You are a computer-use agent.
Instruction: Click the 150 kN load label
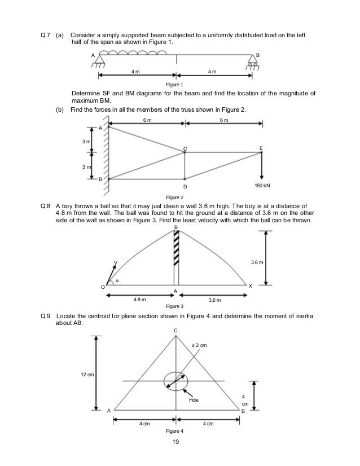click(x=262, y=186)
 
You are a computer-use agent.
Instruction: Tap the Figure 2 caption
click(x=173, y=197)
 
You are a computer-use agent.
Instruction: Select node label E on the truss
click(x=261, y=148)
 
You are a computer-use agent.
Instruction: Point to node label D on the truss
click(x=185, y=187)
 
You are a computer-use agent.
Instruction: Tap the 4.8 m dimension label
click(x=140, y=300)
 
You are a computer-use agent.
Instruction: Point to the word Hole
click(x=195, y=399)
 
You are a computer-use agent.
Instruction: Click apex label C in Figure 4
click(x=175, y=330)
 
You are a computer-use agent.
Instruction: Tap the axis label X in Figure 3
click(x=251, y=287)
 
